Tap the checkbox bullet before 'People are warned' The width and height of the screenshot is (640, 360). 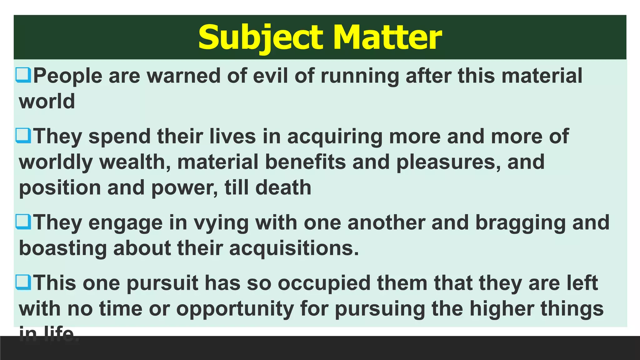click(23, 75)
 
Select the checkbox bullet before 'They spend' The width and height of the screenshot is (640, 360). click(23, 136)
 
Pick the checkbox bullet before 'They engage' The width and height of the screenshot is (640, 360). click(23, 222)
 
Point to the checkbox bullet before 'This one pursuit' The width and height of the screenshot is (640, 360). click(23, 282)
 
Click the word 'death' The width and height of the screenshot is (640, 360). click(283, 187)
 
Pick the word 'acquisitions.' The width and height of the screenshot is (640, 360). click(294, 248)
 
